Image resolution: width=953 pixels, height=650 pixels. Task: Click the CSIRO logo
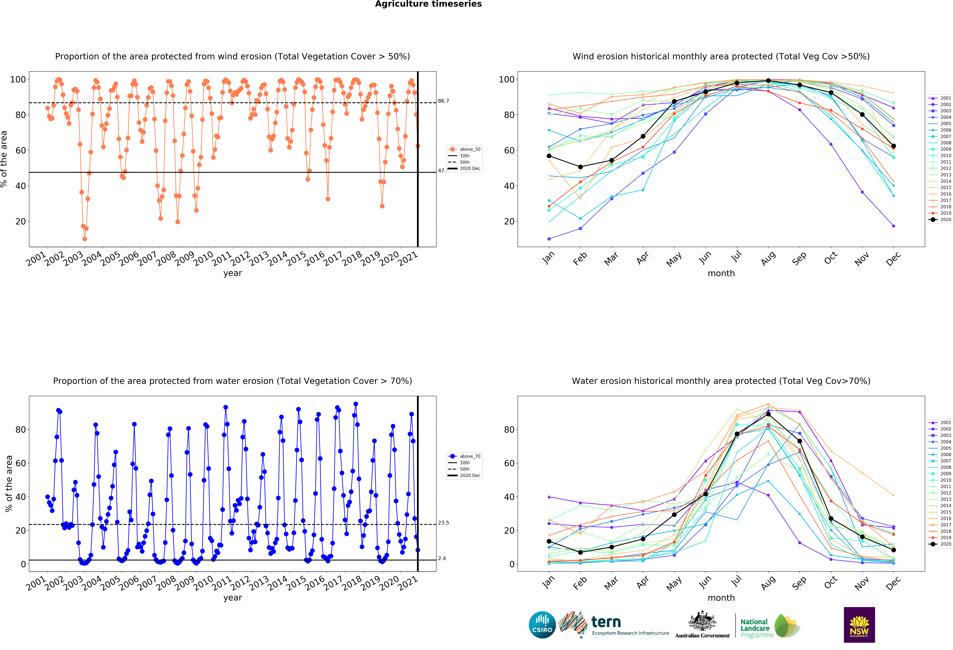tap(542, 625)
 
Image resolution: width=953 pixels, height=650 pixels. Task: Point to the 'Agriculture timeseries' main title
tap(428, 4)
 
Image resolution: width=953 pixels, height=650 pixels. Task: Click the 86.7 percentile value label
tap(443, 101)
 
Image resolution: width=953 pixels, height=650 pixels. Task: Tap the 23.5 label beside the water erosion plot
tap(443, 523)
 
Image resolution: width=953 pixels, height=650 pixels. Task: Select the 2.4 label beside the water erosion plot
tap(442, 558)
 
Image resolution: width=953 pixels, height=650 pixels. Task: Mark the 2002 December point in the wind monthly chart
tap(893, 226)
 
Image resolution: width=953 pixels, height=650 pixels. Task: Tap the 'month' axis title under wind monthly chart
tap(721, 273)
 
